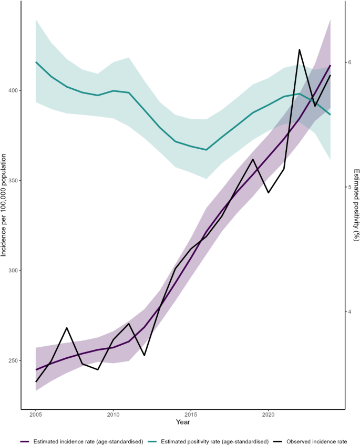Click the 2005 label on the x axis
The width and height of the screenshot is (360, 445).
[36, 415]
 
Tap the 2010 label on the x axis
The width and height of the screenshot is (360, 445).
[113, 415]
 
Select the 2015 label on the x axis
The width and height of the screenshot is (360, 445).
[191, 415]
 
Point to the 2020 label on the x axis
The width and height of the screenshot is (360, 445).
[269, 415]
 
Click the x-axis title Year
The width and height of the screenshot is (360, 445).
[183, 422]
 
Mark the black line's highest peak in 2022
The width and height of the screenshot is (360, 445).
[300, 50]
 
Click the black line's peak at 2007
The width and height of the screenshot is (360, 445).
[67, 328]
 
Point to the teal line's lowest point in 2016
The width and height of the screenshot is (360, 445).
[207, 150]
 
